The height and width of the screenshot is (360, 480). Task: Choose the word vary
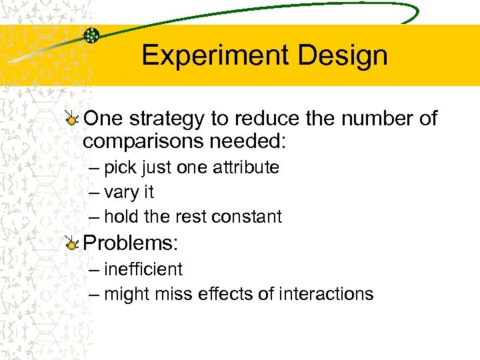click(120, 193)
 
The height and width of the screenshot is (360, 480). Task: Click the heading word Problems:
click(131, 243)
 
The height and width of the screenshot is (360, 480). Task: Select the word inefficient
click(143, 269)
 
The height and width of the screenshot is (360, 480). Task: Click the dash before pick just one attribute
click(93, 168)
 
